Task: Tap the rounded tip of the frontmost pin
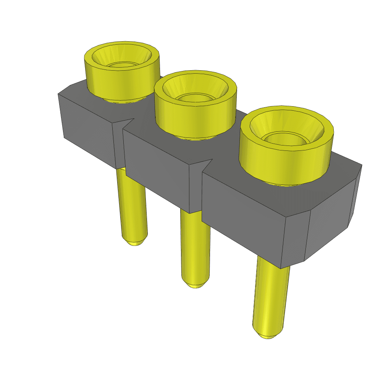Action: tap(267, 335)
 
